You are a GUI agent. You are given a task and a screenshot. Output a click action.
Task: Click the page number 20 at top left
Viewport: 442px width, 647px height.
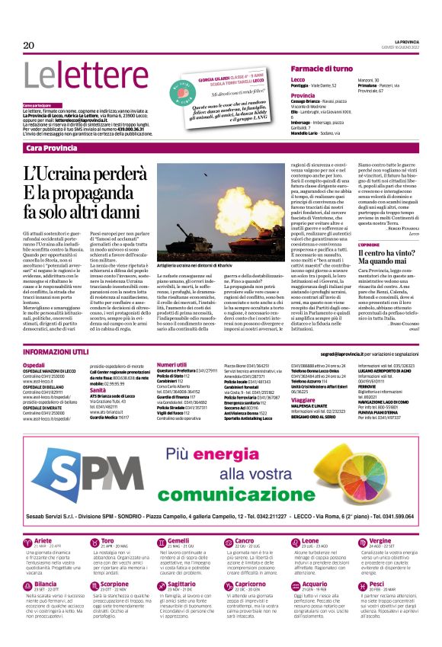pos(29,45)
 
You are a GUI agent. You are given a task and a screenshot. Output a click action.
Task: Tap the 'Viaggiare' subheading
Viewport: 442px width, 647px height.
pos(304,399)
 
